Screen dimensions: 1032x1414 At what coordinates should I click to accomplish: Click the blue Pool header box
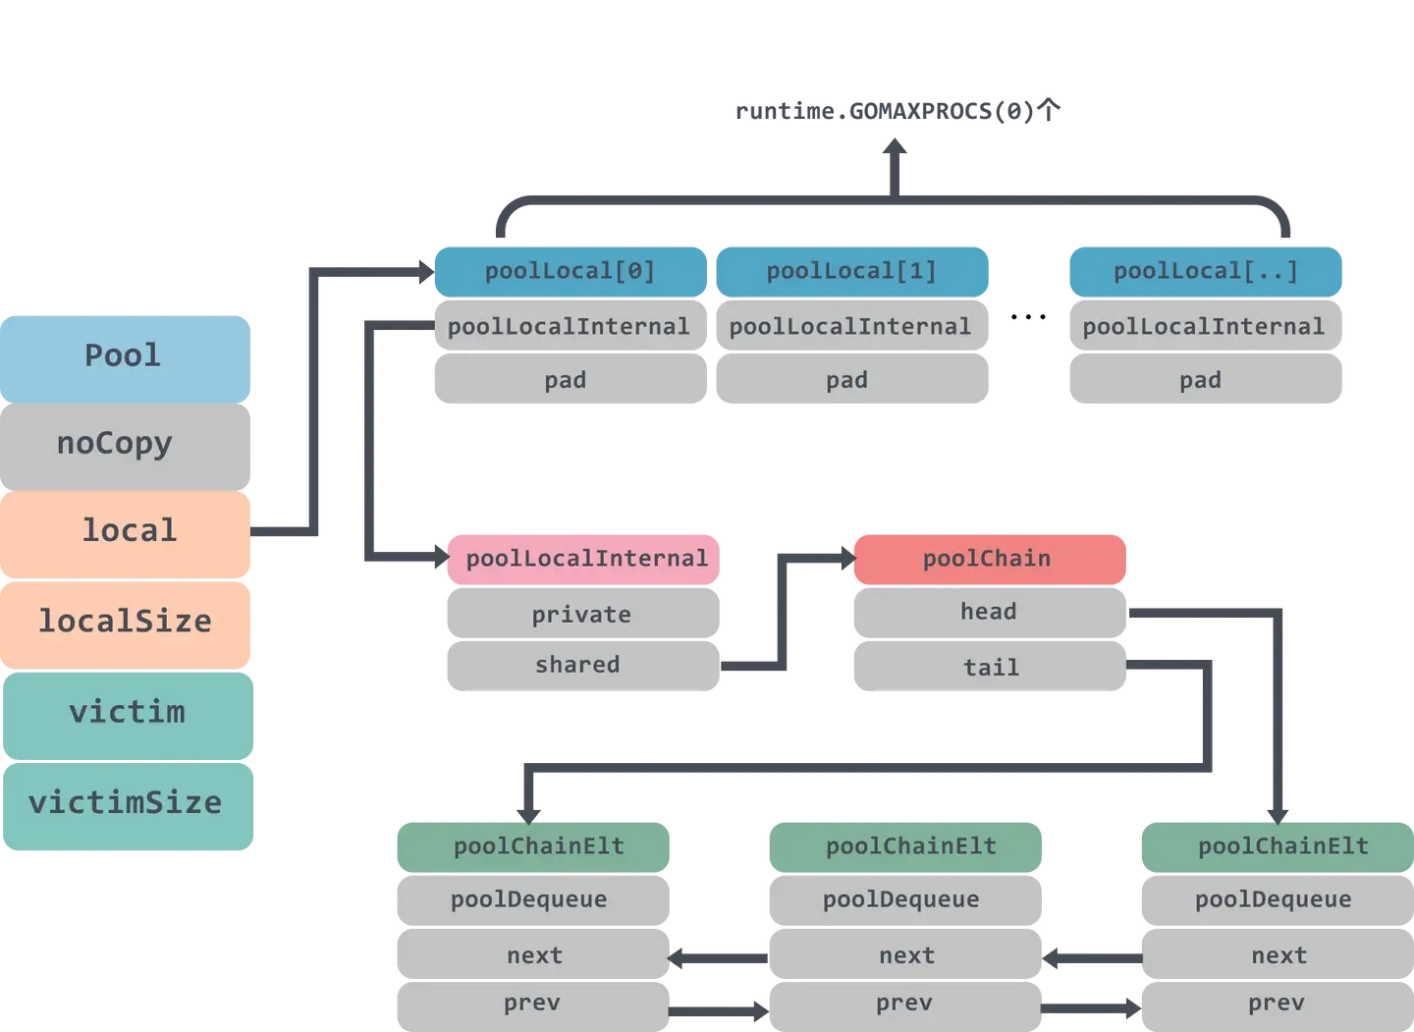pos(126,355)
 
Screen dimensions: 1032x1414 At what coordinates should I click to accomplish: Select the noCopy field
pos(126,444)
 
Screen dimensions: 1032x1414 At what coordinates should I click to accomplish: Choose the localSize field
pos(126,622)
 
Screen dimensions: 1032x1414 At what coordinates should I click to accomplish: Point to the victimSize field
pos(126,803)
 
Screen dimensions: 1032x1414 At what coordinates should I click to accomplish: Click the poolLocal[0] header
pos(570,271)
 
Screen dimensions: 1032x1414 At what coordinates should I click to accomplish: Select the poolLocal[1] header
pos(851,271)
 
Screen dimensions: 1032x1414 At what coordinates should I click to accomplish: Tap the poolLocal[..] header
pos(1205,271)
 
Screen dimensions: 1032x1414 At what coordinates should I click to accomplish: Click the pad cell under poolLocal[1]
pos(847,380)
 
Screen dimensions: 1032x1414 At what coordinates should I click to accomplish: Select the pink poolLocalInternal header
pos(585,559)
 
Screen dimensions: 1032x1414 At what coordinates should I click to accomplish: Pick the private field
pos(581,615)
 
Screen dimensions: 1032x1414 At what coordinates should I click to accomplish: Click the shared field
pos(579,665)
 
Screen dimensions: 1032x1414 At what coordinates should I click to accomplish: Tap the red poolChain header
pos(988,559)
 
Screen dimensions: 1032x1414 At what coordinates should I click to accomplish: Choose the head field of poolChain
pos(988,612)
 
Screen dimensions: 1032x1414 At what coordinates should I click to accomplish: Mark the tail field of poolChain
pos(990,668)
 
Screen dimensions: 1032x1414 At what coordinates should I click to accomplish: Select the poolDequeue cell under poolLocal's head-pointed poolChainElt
pos(1274,899)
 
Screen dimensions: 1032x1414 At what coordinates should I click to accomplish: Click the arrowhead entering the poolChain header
pos(845,558)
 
